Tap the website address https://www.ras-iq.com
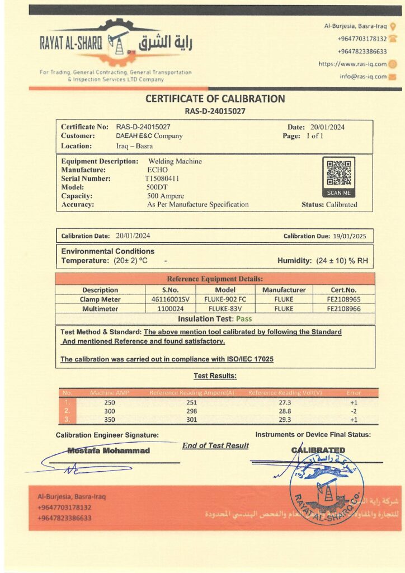pyautogui.click(x=352, y=64)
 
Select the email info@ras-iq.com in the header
pyautogui.click(x=362, y=77)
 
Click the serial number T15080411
pyautogui.click(x=162, y=179)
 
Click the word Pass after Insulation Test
pyautogui.click(x=243, y=319)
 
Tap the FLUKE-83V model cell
pyautogui.click(x=225, y=308)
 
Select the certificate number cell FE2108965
pyautogui.click(x=343, y=299)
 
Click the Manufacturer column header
pyautogui.click(x=284, y=290)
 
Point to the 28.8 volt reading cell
pyautogui.click(x=285, y=411)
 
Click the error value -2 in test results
pyautogui.click(x=354, y=411)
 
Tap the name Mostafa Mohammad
pyautogui.click(x=109, y=450)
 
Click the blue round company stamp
pyautogui.click(x=327, y=487)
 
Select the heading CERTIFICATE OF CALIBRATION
pyautogui.click(x=215, y=99)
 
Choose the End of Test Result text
pyautogui.click(x=215, y=445)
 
